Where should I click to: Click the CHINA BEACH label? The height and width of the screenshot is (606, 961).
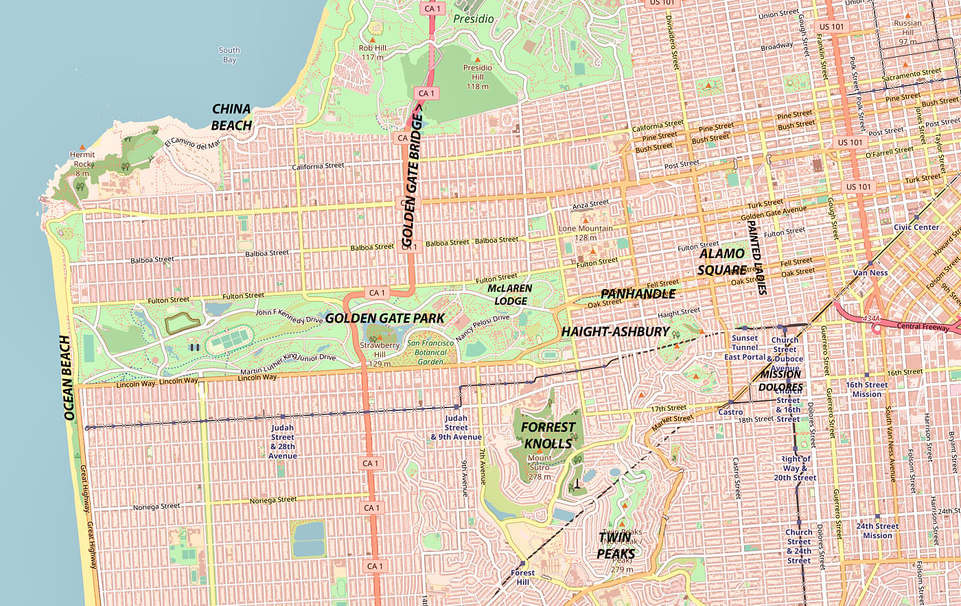point(231,117)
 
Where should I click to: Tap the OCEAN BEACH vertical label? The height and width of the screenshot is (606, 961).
point(67,377)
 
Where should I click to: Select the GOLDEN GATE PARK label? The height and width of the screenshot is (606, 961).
point(384,318)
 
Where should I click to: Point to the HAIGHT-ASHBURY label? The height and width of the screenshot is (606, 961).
point(615,331)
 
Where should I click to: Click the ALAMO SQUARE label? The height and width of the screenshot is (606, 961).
point(722,262)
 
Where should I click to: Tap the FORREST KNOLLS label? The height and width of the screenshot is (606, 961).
point(548,435)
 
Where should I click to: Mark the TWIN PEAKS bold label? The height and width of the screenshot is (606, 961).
point(616,546)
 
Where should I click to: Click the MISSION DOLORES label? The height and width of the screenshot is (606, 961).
point(781,381)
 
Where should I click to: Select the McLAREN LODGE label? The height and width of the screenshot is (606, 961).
point(510,295)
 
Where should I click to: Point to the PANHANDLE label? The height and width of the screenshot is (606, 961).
point(638,294)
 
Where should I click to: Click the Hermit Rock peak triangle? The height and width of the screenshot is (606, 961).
point(82,147)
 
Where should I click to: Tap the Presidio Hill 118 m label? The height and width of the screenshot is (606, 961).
point(477,77)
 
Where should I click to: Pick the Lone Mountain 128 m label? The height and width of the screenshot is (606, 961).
point(586,233)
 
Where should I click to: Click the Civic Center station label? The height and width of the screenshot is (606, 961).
point(916,227)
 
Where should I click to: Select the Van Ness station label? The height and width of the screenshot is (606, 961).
point(870,272)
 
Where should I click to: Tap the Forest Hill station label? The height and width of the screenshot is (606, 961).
point(522,577)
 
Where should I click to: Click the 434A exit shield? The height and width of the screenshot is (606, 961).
point(871,318)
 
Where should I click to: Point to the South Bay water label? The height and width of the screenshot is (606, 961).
point(229,55)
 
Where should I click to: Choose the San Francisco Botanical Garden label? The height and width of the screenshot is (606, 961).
point(430,352)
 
